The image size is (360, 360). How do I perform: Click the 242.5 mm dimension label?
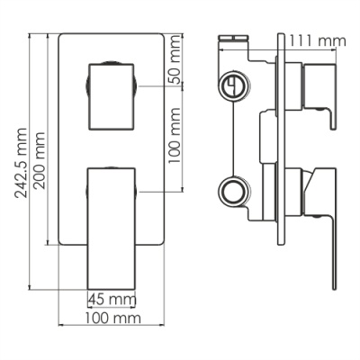tap(21, 163)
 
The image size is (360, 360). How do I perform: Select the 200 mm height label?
tap(40, 160)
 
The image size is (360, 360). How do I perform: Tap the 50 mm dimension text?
tap(175, 59)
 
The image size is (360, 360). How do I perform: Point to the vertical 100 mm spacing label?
tap(175, 135)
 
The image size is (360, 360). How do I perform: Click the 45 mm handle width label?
tap(112, 299)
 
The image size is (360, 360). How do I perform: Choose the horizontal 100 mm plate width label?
tap(112, 318)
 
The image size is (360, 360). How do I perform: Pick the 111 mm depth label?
tap(318, 40)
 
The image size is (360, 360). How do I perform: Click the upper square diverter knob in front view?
tap(112, 96)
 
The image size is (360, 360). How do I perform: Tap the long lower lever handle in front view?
tap(112, 229)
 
